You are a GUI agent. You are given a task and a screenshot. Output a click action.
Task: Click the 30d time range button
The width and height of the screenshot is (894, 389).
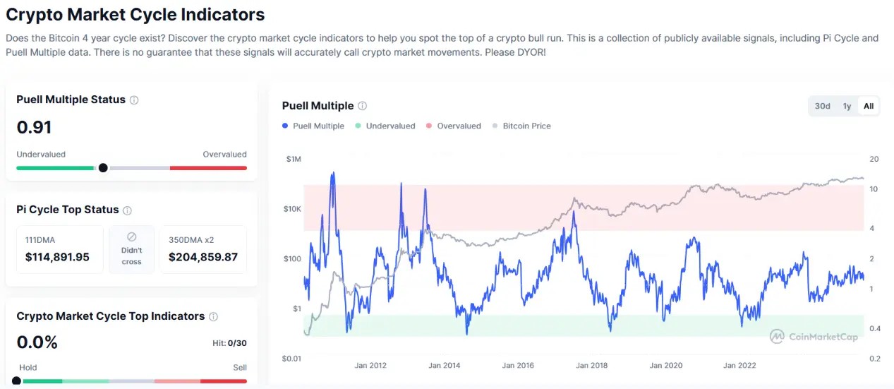tap(822, 106)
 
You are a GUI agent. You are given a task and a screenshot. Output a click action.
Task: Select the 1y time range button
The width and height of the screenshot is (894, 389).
tap(847, 106)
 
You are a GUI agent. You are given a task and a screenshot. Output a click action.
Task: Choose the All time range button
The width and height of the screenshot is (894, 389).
tap(869, 106)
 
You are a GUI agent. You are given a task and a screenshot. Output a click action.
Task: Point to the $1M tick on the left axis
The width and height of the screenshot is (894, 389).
tap(293, 160)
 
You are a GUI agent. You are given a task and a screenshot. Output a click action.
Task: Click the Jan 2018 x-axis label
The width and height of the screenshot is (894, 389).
tap(591, 365)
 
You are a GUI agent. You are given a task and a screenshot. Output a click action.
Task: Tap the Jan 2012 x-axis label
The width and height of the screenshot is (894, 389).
tap(370, 365)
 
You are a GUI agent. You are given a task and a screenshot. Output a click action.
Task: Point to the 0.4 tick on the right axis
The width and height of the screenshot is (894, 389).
tap(875, 328)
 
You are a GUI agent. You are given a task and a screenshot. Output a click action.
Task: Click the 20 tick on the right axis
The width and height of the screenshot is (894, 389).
tap(874, 160)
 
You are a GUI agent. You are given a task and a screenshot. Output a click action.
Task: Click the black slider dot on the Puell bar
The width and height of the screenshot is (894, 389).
tap(103, 168)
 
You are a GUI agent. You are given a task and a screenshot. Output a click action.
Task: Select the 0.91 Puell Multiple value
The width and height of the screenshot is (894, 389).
tap(34, 128)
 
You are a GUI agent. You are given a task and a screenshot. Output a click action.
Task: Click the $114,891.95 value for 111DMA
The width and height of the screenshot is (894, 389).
tap(57, 257)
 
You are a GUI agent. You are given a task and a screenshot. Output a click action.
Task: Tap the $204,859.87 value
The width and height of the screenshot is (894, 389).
tap(203, 257)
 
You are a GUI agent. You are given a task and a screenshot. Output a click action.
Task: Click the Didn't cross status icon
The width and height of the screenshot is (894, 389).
tap(131, 237)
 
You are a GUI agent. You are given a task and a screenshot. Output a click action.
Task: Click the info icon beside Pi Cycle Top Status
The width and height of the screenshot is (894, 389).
tap(127, 210)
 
